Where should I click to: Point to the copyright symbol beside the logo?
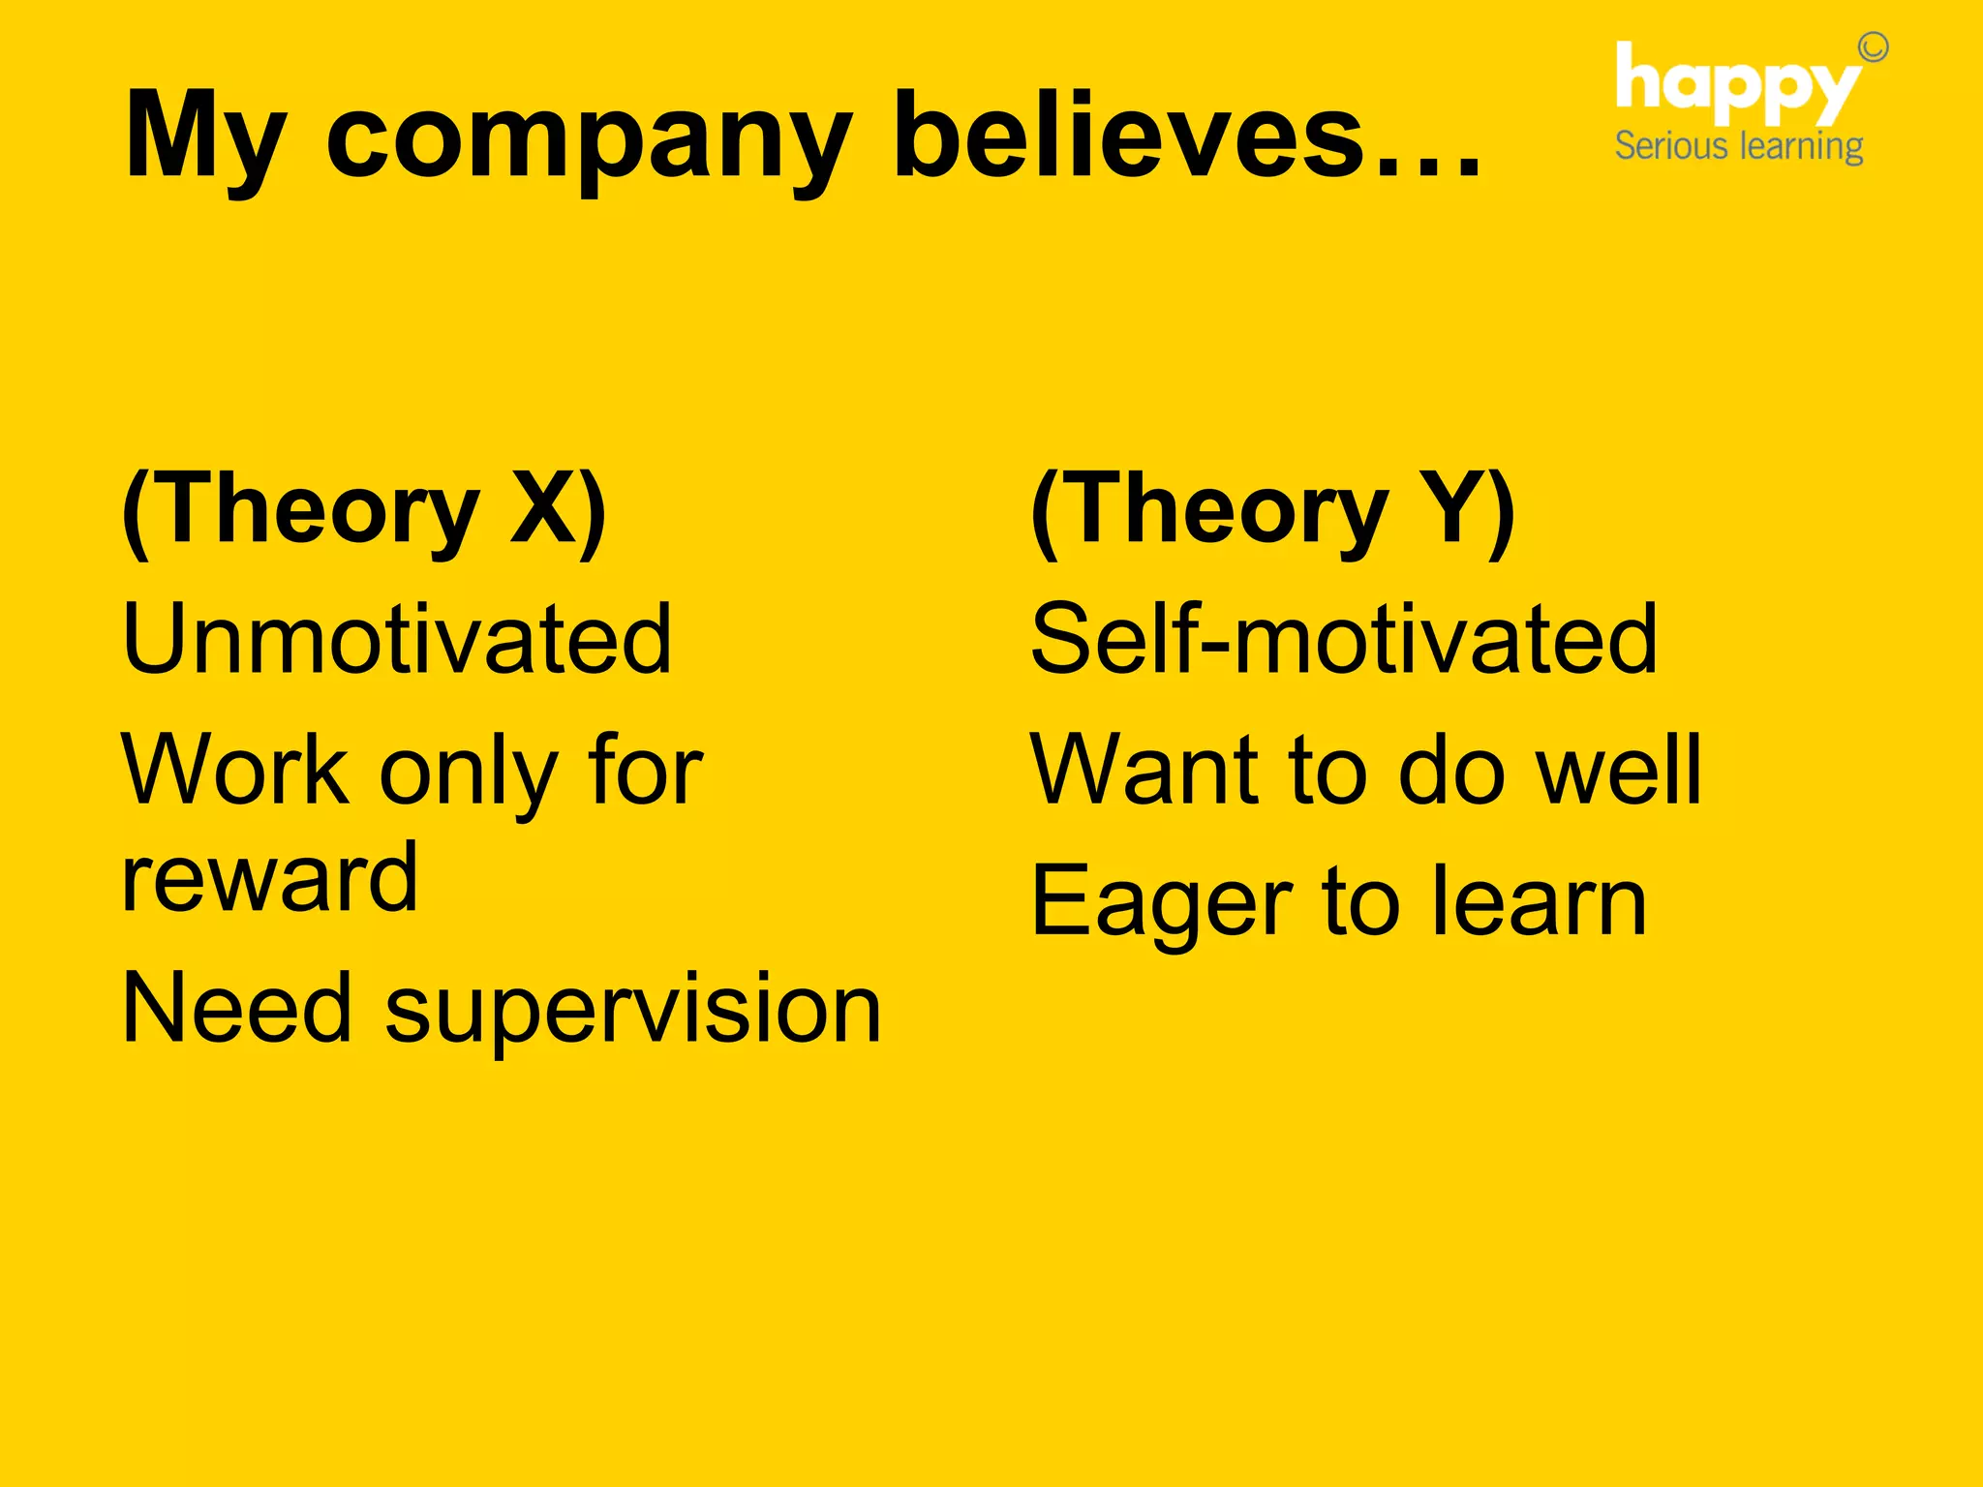[x=1874, y=46]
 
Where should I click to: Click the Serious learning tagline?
[x=1739, y=146]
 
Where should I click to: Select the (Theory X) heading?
[x=364, y=510]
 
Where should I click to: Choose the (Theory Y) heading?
[x=1272, y=510]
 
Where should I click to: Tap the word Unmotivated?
[x=397, y=638]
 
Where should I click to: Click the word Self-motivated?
[x=1344, y=638]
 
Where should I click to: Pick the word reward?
[x=270, y=878]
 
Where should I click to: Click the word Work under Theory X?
[x=235, y=769]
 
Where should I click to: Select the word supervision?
[x=633, y=1011]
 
